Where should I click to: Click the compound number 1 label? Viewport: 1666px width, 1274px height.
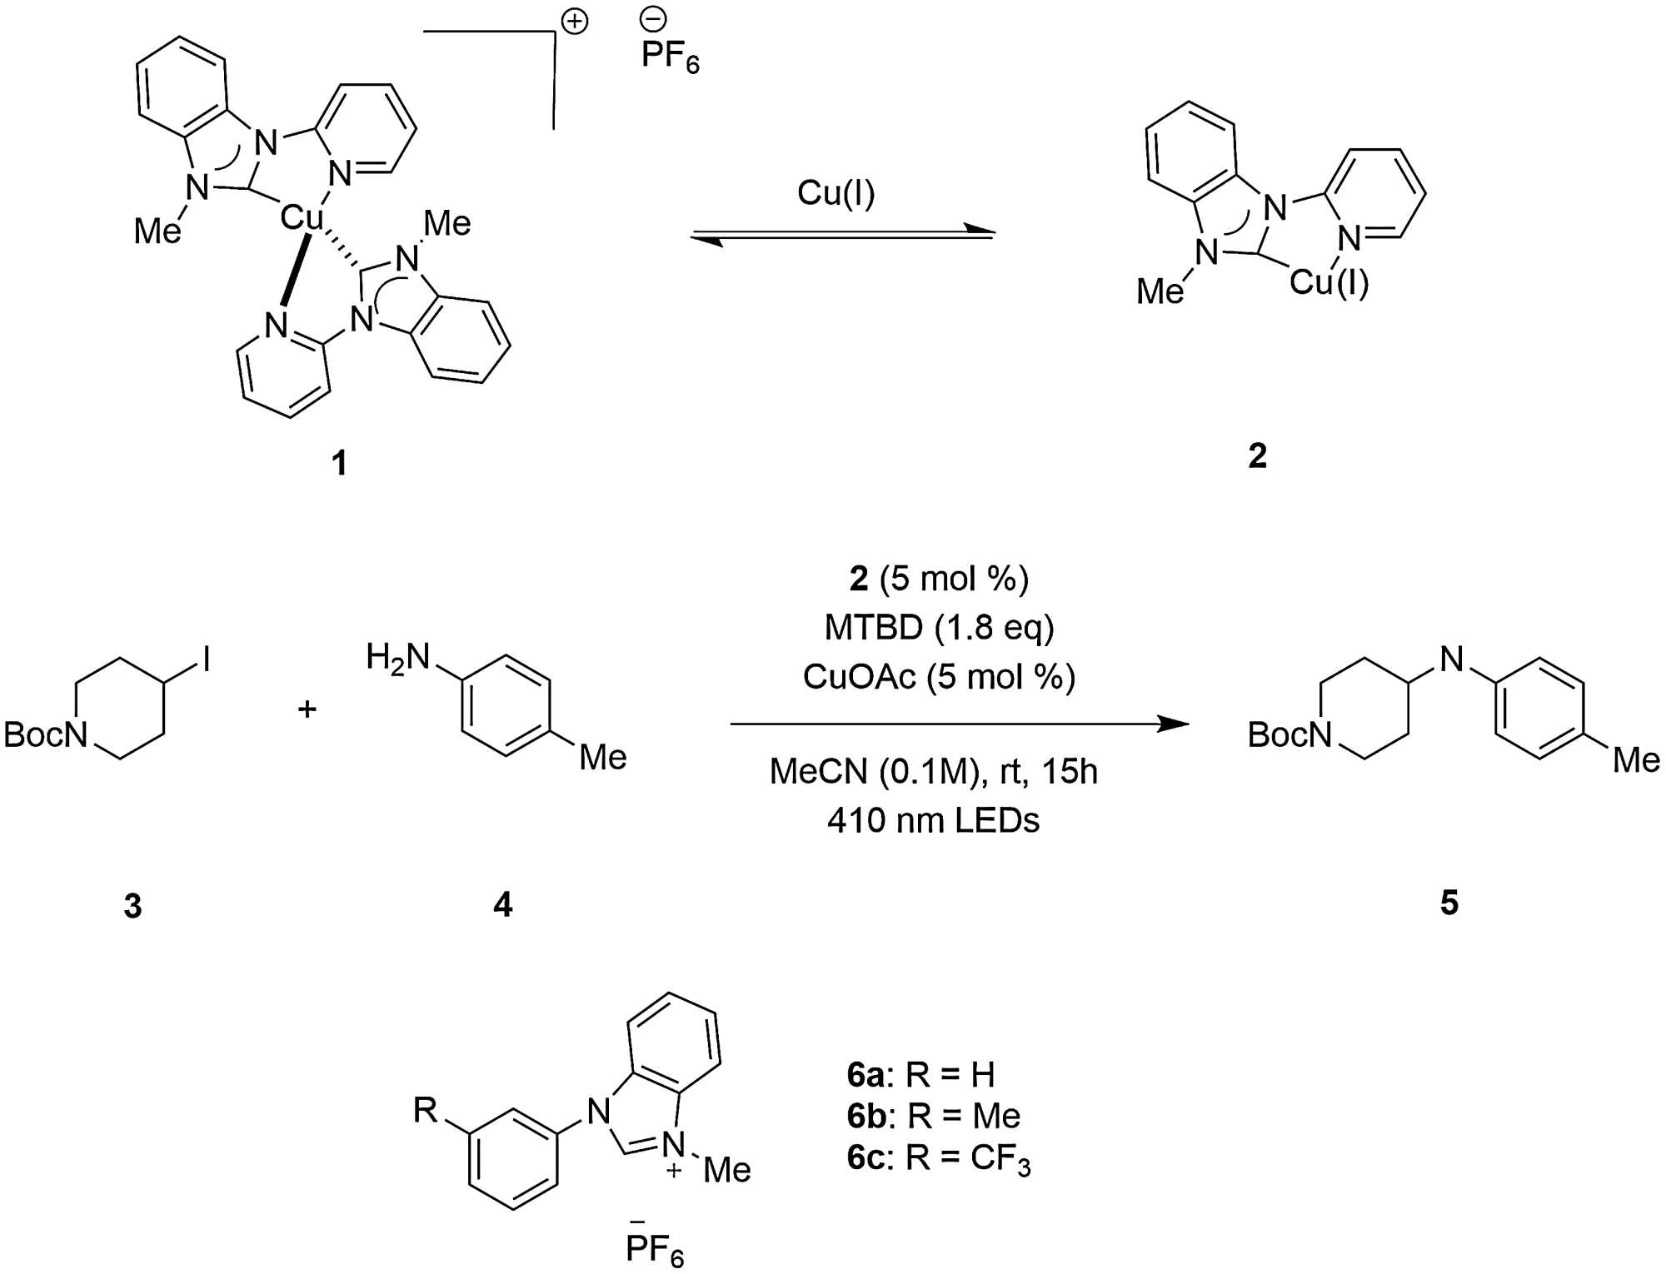tap(339, 462)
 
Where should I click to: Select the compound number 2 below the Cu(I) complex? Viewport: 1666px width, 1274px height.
tap(1257, 455)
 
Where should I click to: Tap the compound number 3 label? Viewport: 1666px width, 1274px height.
tap(132, 905)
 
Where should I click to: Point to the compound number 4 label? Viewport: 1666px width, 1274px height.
tap(502, 904)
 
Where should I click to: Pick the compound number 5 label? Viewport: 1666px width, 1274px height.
tap(1449, 903)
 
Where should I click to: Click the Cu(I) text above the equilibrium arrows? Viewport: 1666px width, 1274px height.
tap(835, 193)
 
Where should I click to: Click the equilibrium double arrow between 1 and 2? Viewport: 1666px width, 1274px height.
tap(842, 235)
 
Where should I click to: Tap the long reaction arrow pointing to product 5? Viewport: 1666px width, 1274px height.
tap(958, 724)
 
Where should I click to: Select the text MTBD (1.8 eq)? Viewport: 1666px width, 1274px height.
tap(939, 628)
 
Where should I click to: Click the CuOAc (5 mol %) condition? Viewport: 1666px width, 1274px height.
tap(939, 677)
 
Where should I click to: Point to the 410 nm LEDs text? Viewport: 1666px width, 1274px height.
tap(933, 821)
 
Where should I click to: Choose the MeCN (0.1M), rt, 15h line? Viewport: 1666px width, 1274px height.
tap(933, 772)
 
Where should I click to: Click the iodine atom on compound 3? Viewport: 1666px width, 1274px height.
tap(206, 661)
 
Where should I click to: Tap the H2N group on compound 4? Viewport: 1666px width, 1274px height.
tap(397, 658)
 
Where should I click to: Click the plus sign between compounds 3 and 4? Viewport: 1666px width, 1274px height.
tap(307, 709)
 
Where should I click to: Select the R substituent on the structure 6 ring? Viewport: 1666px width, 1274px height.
tap(426, 1109)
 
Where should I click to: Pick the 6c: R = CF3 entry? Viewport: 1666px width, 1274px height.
tap(939, 1158)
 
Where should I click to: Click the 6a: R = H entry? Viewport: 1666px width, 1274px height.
tap(920, 1075)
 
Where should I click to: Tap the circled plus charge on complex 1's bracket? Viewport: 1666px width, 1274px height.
tap(575, 22)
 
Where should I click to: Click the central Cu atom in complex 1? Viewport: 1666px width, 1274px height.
tap(301, 218)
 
